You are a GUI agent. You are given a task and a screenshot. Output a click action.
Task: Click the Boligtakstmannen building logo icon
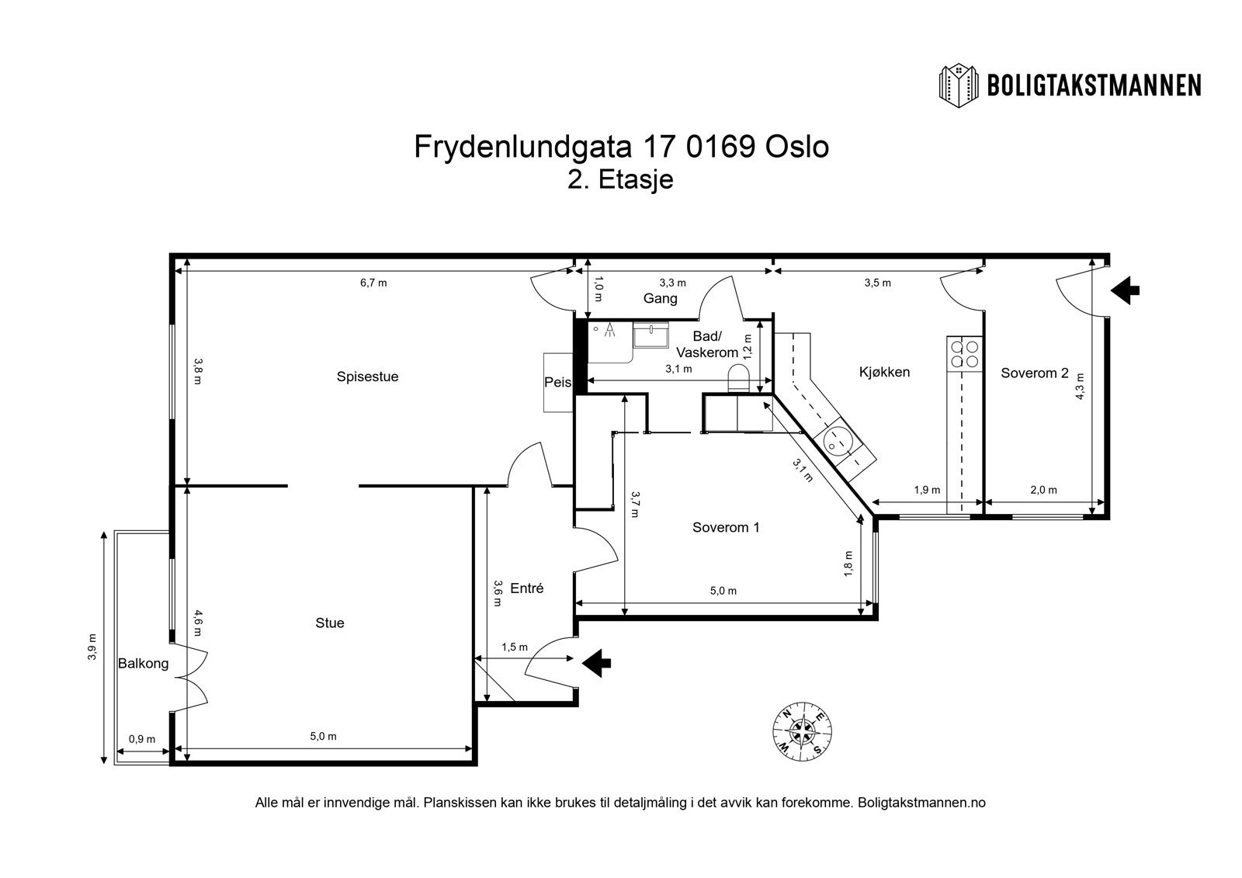(x=959, y=85)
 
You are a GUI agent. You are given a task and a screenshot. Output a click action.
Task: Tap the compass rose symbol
(x=803, y=731)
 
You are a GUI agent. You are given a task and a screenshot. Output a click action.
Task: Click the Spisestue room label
(x=367, y=377)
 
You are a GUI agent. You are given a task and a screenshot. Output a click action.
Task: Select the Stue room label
(x=330, y=623)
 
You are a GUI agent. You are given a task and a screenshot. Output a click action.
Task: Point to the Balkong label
(x=143, y=664)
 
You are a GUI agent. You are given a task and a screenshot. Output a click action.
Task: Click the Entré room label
(x=527, y=588)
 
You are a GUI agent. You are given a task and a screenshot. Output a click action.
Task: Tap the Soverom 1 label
(x=726, y=528)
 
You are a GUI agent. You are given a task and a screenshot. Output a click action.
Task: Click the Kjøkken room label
(x=884, y=372)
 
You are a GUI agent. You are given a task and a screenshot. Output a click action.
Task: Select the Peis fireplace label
(x=557, y=383)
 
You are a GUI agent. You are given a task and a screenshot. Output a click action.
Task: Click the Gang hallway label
(x=661, y=298)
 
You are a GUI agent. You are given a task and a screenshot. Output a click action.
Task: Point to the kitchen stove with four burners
(x=964, y=354)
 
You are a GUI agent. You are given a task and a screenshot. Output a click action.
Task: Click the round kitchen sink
(x=837, y=441)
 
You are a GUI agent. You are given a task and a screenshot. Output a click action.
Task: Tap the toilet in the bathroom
(x=737, y=380)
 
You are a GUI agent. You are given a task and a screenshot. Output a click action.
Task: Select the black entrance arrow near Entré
(x=597, y=662)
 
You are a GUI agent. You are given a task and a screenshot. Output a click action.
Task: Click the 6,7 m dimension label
(x=373, y=283)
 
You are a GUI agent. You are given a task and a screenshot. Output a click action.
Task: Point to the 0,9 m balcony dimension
(x=142, y=738)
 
